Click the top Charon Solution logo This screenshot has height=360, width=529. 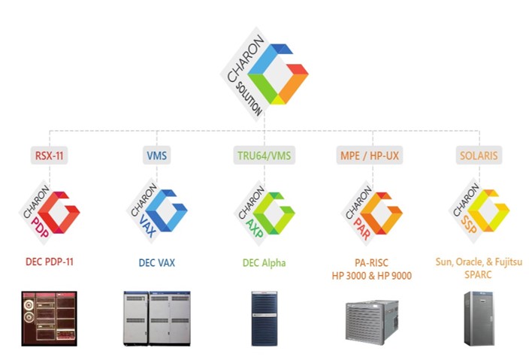click(265, 74)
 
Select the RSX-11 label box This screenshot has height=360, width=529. click(50, 156)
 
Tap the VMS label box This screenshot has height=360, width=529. click(157, 156)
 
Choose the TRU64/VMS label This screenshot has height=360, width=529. click(264, 156)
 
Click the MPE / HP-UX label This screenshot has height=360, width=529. click(370, 156)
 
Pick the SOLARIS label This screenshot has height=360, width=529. click(479, 156)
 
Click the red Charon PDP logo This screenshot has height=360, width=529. click(50, 211)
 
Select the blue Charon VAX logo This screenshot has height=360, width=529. click(157, 211)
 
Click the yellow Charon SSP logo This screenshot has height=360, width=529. click(479, 211)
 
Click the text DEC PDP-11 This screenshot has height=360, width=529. click(50, 262)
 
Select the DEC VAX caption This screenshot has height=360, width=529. click(157, 262)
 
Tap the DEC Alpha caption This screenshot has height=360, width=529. click(264, 262)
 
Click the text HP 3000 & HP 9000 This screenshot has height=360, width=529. click(371, 276)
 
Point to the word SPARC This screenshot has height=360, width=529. click(479, 276)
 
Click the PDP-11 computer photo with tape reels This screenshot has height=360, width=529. click(50, 316)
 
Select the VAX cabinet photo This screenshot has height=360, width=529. click(157, 317)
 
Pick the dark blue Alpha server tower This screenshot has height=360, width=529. click(264, 318)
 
